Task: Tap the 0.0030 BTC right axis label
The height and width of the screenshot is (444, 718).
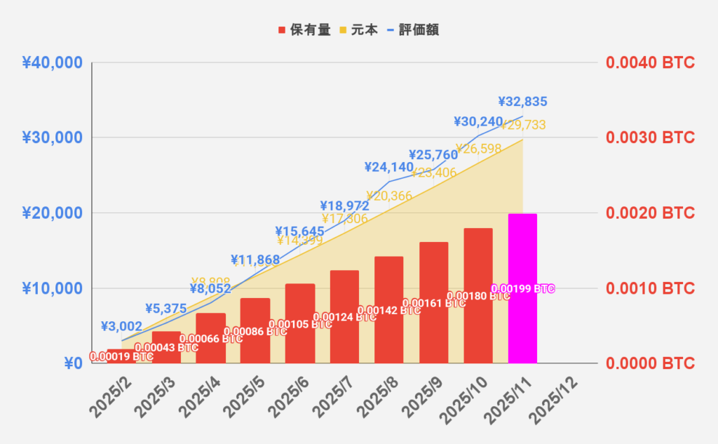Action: click(x=650, y=137)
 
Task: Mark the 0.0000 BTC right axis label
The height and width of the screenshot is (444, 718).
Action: click(x=650, y=363)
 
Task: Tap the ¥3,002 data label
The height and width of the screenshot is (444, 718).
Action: click(x=121, y=326)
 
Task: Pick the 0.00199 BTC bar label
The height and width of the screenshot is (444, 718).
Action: click(x=523, y=288)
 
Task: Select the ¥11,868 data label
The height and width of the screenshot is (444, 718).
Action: click(x=255, y=260)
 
